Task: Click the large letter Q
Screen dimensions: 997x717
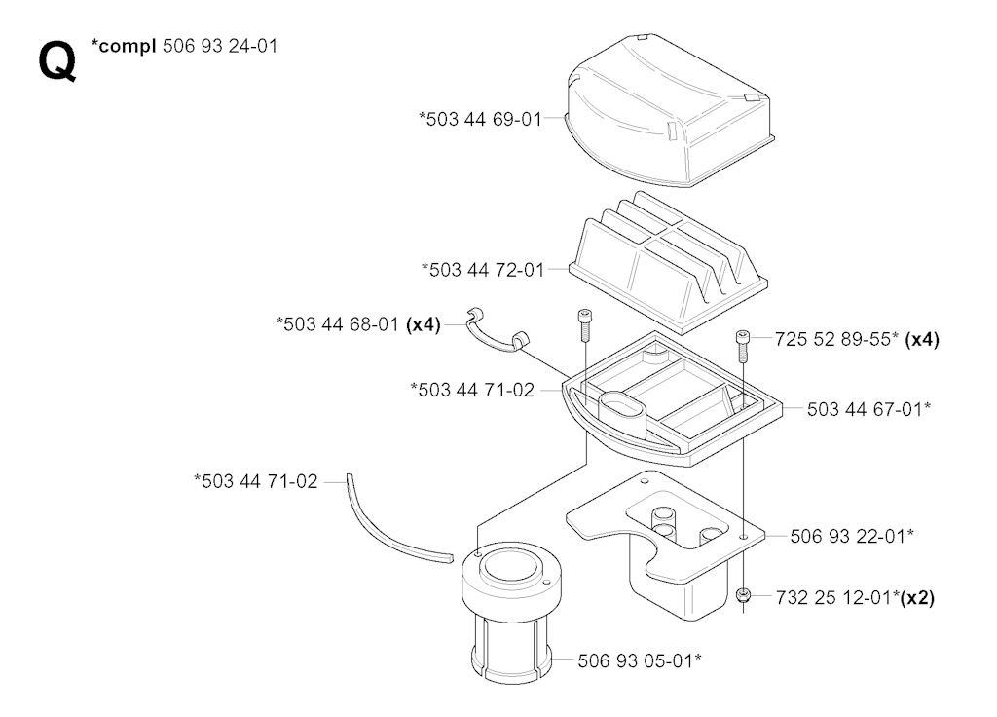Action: [x=57, y=60]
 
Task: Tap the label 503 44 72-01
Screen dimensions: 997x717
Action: [x=487, y=270]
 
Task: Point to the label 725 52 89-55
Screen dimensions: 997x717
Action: [x=832, y=339]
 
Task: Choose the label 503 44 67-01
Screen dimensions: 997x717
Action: [x=865, y=409]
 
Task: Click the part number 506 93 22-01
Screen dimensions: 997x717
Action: [x=848, y=537]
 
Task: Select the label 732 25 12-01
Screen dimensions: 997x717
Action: [x=833, y=598]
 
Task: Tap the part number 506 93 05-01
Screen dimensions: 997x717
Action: [x=635, y=661]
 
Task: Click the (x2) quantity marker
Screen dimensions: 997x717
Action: [x=917, y=598]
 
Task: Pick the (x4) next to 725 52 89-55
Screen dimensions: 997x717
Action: [x=922, y=339]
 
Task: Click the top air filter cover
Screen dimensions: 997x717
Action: [x=670, y=111]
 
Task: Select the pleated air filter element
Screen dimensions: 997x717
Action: [x=668, y=262]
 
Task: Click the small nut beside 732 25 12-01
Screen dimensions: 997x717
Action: [x=743, y=595]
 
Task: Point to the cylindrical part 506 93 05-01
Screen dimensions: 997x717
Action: [x=511, y=614]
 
